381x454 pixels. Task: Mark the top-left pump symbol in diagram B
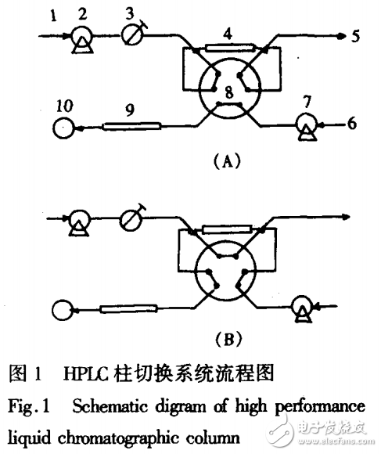tap(78, 223)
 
